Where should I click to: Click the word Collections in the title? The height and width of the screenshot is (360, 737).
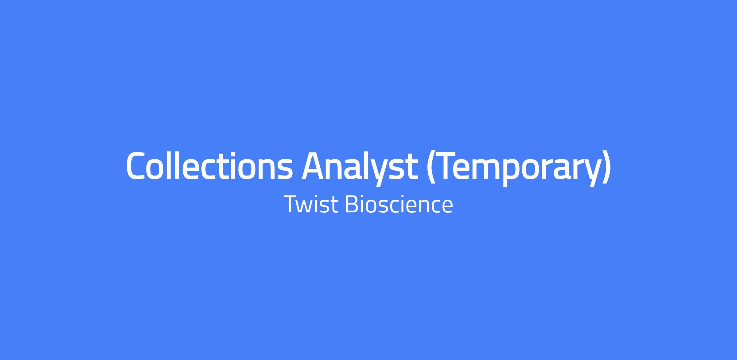click(209, 165)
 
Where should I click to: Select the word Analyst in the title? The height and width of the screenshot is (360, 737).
click(360, 168)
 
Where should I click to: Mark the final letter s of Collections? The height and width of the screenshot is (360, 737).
click(285, 169)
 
